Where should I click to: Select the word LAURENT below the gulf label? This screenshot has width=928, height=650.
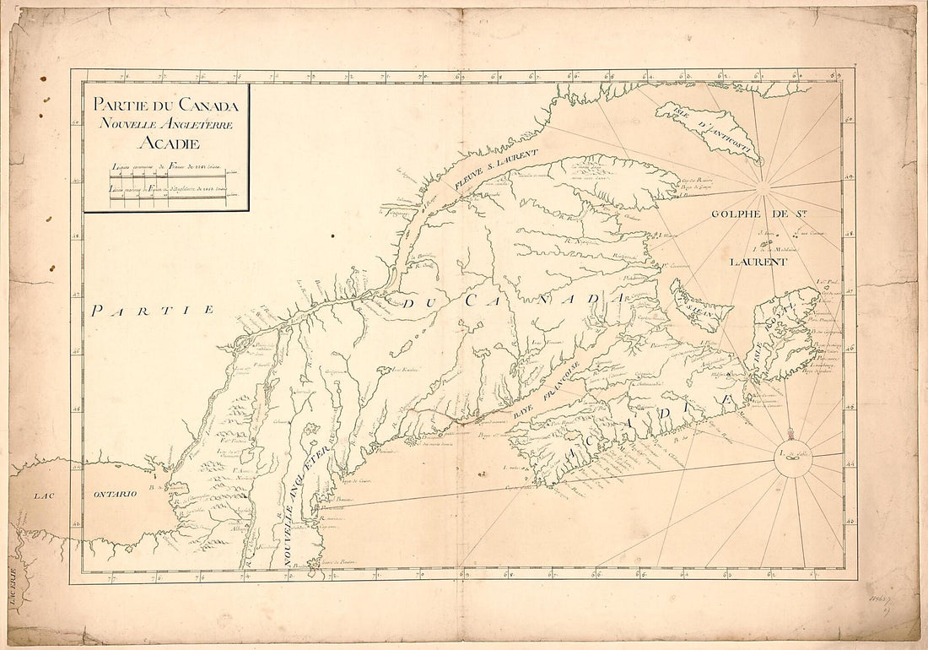click(x=758, y=262)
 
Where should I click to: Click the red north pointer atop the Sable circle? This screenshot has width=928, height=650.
click(x=791, y=435)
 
